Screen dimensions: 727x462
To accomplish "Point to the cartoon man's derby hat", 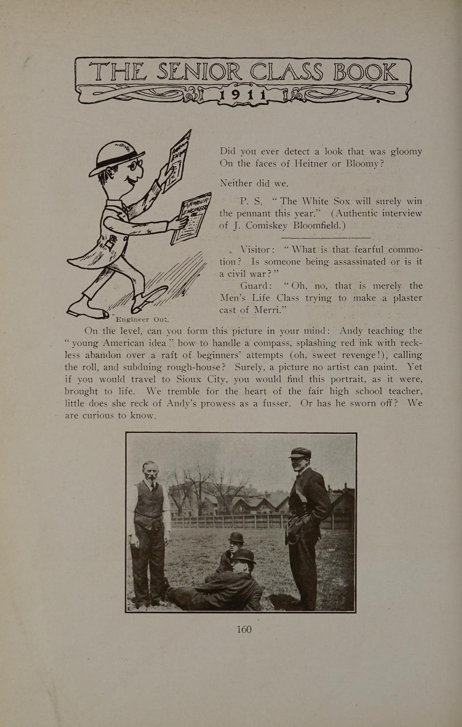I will [116, 155].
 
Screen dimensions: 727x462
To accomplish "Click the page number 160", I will [244, 629].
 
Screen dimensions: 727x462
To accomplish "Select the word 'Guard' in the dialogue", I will [255, 286].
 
